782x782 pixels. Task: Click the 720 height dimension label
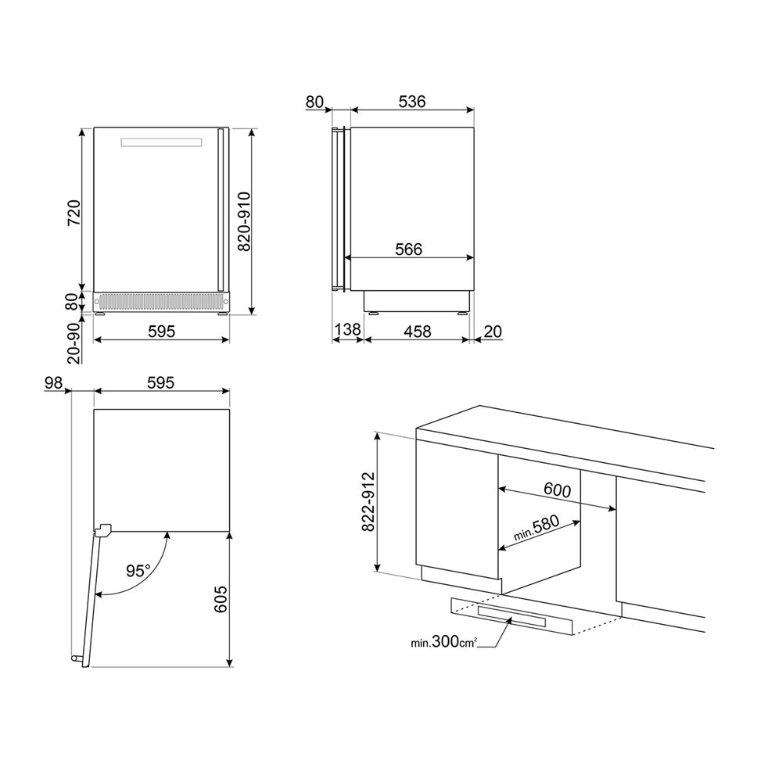tap(74, 212)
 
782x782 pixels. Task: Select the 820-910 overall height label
tap(244, 221)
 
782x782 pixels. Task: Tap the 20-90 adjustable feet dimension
tap(74, 343)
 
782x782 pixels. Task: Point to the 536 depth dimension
tap(412, 102)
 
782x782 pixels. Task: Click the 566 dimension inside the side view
tap(408, 249)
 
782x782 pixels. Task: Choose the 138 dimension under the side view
tap(348, 330)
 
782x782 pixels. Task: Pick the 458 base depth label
tap(417, 332)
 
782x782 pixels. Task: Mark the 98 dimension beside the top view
tap(54, 382)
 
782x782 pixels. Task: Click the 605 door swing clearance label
tap(221, 599)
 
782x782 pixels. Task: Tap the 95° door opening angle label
tap(138, 571)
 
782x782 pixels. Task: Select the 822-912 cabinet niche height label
tap(368, 502)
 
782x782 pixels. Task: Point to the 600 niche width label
tap(557, 490)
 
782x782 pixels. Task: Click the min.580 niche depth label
tap(536, 528)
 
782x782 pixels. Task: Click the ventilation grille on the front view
tap(160, 302)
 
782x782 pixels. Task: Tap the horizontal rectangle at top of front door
tap(161, 142)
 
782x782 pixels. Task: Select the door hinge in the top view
tap(104, 529)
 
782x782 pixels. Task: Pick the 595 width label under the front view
tap(162, 332)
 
